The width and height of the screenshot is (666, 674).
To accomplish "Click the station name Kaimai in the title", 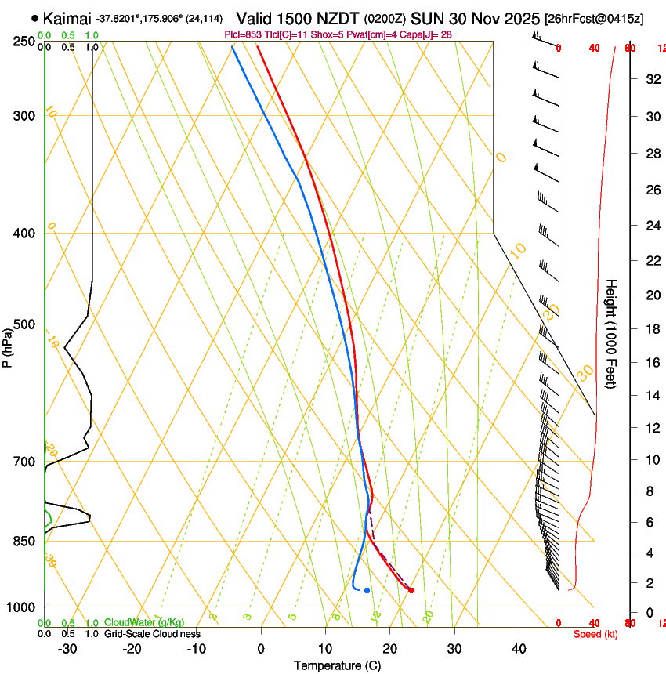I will (67, 18).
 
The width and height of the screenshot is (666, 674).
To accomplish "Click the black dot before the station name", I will (34, 18).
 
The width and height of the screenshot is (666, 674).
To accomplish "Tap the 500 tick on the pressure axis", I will (24, 324).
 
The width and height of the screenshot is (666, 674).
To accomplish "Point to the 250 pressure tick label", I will (24, 41).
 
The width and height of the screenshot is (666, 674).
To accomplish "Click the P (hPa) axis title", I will (7, 345).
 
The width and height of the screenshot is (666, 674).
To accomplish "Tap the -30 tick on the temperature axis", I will (67, 649).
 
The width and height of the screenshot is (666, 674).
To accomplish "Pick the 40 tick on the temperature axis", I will (518, 649).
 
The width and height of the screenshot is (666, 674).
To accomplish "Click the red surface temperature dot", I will (411, 590).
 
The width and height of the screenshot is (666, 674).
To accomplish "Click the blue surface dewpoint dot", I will (367, 590).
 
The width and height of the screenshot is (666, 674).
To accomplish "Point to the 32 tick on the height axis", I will (649, 78).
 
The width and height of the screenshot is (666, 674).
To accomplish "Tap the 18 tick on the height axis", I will (649, 329).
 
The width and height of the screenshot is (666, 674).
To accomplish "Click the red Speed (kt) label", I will (595, 634).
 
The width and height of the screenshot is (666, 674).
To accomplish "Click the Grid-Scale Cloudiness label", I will (152, 634).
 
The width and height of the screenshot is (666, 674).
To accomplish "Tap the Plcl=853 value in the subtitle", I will (243, 34).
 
